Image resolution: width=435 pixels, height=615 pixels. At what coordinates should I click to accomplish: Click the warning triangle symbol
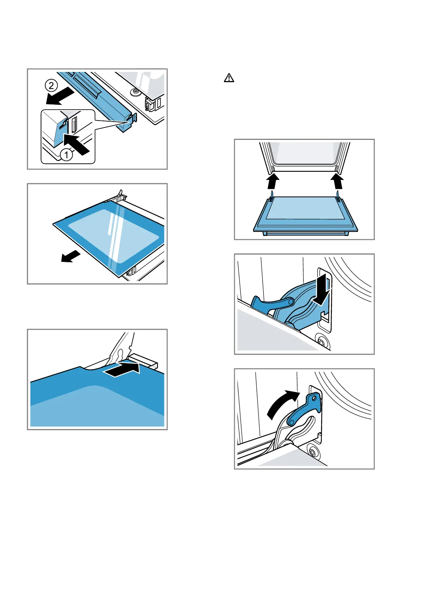[229, 78]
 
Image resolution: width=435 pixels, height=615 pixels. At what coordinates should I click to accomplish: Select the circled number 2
[51, 85]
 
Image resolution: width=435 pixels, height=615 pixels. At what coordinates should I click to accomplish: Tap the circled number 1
[66, 155]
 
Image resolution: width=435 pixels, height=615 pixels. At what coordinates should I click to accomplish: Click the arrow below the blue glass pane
[70, 256]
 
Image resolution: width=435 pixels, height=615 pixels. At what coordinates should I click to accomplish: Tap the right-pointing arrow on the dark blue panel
[122, 370]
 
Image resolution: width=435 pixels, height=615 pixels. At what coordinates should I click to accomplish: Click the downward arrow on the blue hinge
[322, 292]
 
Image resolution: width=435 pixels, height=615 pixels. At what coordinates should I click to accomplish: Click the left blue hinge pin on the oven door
[271, 198]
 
